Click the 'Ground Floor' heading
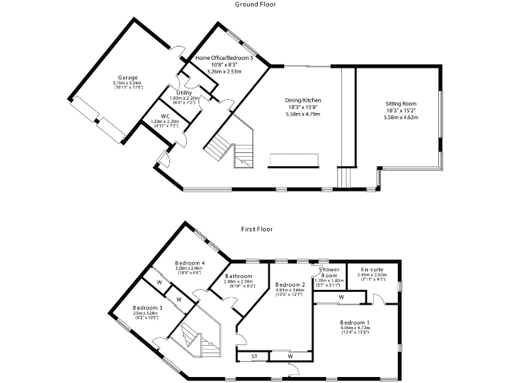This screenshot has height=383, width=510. click(256, 4)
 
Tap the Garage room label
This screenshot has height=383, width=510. click(127, 77)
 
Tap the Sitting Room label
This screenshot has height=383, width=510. click(400, 104)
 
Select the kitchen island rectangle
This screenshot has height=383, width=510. click(294, 160)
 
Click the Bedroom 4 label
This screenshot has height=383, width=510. click(190, 262)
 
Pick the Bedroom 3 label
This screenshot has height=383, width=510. click(147, 308)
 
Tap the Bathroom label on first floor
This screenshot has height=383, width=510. click(238, 276)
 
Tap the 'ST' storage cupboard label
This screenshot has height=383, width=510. click(254, 357)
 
